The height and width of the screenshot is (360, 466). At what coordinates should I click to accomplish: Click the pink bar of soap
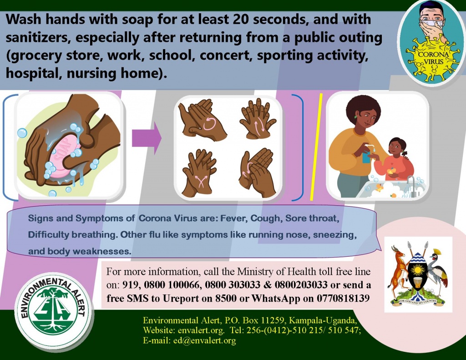65,156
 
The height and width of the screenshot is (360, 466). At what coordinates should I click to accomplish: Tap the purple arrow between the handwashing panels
147,138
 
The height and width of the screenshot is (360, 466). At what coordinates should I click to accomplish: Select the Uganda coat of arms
418,274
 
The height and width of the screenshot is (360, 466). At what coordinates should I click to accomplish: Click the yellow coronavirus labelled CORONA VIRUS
433,60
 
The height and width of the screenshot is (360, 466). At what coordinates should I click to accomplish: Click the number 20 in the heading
241,19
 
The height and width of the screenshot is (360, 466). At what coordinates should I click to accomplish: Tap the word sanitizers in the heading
38,38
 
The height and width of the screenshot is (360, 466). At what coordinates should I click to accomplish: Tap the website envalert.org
201,330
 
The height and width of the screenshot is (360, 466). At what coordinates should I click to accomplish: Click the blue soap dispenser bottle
366,154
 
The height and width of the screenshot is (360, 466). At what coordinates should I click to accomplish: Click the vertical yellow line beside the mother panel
316,147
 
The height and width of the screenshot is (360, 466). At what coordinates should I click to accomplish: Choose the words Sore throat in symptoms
312,218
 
